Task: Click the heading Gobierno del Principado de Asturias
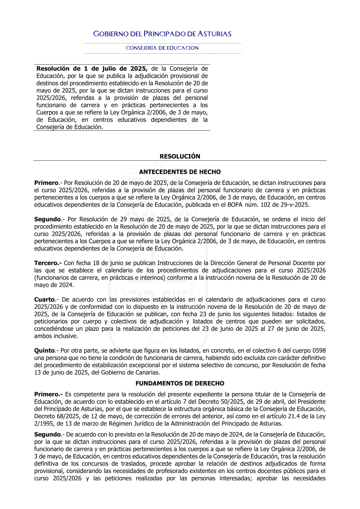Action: [162, 34]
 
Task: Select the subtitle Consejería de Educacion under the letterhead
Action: [162, 48]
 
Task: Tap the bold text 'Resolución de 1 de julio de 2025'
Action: [92, 68]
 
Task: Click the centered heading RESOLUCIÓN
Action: [180, 156]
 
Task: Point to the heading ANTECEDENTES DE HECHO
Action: [180, 172]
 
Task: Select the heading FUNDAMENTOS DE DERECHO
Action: [180, 383]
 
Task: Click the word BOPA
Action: [235, 205]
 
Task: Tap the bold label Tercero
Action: [48, 263]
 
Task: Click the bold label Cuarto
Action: [45, 299]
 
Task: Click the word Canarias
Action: [147, 373]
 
